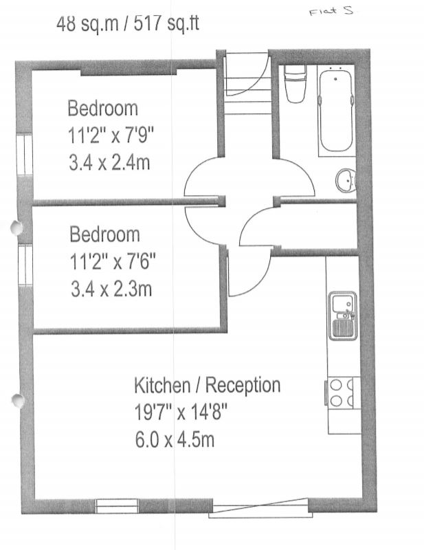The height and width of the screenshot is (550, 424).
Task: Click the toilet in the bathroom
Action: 295,83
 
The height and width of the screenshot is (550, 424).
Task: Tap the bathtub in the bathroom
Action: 335,111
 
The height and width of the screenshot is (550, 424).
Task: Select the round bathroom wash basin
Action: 346,180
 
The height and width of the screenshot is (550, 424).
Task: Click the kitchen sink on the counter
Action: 342,316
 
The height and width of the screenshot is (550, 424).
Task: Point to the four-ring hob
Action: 342,392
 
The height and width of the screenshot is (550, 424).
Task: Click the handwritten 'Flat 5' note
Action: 331,11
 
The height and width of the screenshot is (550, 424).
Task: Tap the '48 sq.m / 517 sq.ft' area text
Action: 128,24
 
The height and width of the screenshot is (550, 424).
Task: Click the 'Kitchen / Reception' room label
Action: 208,386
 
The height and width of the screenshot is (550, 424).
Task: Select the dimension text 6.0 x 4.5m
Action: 175,440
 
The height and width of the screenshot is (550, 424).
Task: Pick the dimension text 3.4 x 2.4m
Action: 109,163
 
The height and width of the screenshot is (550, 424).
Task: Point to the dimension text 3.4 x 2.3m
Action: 111,289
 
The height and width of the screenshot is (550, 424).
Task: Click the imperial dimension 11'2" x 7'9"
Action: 111,135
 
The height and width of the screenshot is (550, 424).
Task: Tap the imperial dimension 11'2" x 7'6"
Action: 112,262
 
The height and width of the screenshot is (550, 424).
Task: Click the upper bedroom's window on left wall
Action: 25,153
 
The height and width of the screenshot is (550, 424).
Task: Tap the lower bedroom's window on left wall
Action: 25,265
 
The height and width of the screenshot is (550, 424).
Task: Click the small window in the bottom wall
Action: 117,506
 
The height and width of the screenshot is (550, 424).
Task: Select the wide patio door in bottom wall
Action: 260,508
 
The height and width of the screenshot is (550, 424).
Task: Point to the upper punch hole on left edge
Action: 16,228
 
